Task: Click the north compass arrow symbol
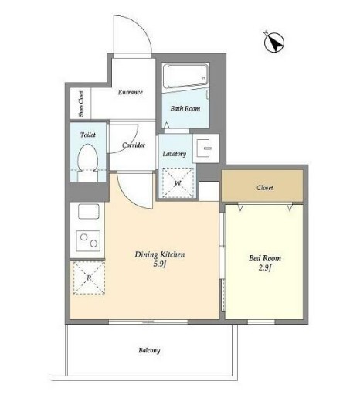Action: coord(274,43)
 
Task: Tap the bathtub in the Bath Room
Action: coord(185,76)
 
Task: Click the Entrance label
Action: coord(130,92)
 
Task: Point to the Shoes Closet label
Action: coord(81,104)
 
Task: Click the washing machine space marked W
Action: coord(178,183)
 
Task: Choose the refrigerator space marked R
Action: coord(89,278)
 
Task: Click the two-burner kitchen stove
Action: coord(88,241)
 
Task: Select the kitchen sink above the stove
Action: coord(88,212)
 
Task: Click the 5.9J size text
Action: coord(159,264)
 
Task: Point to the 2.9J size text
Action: coord(265,268)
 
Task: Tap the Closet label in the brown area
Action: coord(265,188)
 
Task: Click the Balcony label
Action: coord(149,350)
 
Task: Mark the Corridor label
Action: coord(134,145)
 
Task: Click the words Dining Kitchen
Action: coord(160,255)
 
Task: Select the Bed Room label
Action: coord(265,258)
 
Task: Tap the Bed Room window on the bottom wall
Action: coord(261,322)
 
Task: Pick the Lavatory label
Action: coord(175,154)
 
